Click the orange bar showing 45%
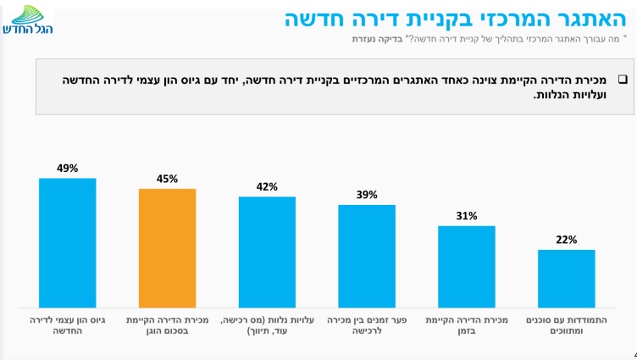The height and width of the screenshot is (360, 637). tap(167, 247)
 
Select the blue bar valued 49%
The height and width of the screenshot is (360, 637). tap(68, 242)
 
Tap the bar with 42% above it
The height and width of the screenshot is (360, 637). tap(267, 252)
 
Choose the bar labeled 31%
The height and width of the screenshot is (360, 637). tap(466, 266)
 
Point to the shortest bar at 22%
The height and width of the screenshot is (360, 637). tap(566, 278)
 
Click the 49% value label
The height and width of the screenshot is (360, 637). tap(68, 169)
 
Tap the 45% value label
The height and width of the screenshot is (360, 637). tap(167, 179)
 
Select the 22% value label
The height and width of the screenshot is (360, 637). tap(566, 240)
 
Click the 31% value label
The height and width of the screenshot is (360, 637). tap(466, 216)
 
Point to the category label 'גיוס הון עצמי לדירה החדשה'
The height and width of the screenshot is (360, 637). tap(68, 326)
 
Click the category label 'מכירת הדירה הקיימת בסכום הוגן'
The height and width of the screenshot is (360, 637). tap(167, 326)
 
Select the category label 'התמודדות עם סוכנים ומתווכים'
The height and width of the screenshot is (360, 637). tap(566, 326)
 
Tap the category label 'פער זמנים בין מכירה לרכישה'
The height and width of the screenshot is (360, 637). tap(367, 326)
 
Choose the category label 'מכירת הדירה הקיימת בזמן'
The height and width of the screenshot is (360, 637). tap(466, 326)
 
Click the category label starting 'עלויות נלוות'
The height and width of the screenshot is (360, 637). tap(267, 326)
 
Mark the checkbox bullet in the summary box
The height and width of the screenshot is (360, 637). tap(621, 79)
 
